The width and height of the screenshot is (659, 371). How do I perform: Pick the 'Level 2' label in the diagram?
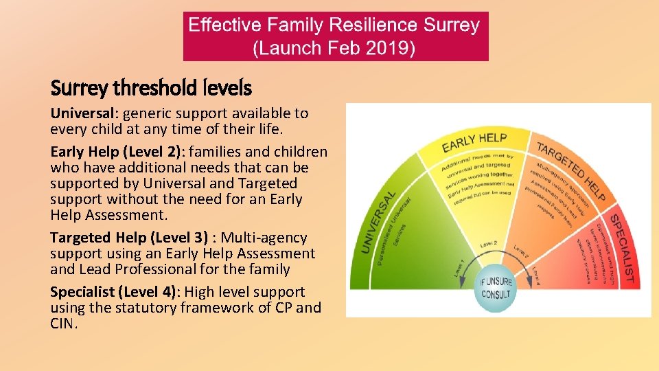[x=489, y=243]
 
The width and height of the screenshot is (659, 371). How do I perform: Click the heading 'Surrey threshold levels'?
[x=151, y=88]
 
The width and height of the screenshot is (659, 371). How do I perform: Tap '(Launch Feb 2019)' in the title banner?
[x=334, y=48]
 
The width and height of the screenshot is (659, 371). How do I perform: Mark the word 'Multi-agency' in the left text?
[x=265, y=238]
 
